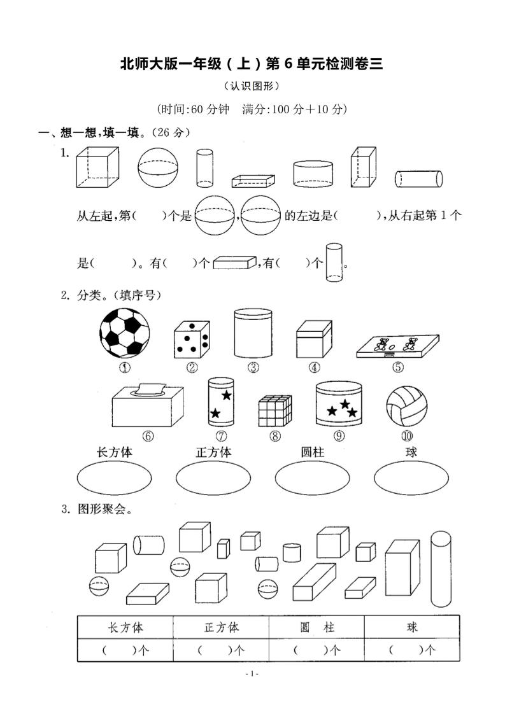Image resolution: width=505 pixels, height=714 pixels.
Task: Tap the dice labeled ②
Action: click(x=192, y=339)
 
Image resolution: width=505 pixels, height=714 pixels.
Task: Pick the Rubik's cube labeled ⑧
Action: click(x=274, y=410)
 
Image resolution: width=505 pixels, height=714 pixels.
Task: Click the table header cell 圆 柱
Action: click(x=317, y=627)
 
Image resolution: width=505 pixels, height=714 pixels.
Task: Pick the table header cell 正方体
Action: click(x=221, y=627)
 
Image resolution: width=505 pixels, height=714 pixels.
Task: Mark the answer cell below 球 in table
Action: click(x=412, y=650)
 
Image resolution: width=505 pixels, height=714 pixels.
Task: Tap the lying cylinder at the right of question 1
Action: click(x=418, y=178)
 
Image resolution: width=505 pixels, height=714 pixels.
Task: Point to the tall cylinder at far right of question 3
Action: click(x=441, y=569)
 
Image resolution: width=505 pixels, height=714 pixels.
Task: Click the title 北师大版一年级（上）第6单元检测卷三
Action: click(x=252, y=64)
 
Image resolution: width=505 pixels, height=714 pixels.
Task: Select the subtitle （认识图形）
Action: click(x=252, y=87)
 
